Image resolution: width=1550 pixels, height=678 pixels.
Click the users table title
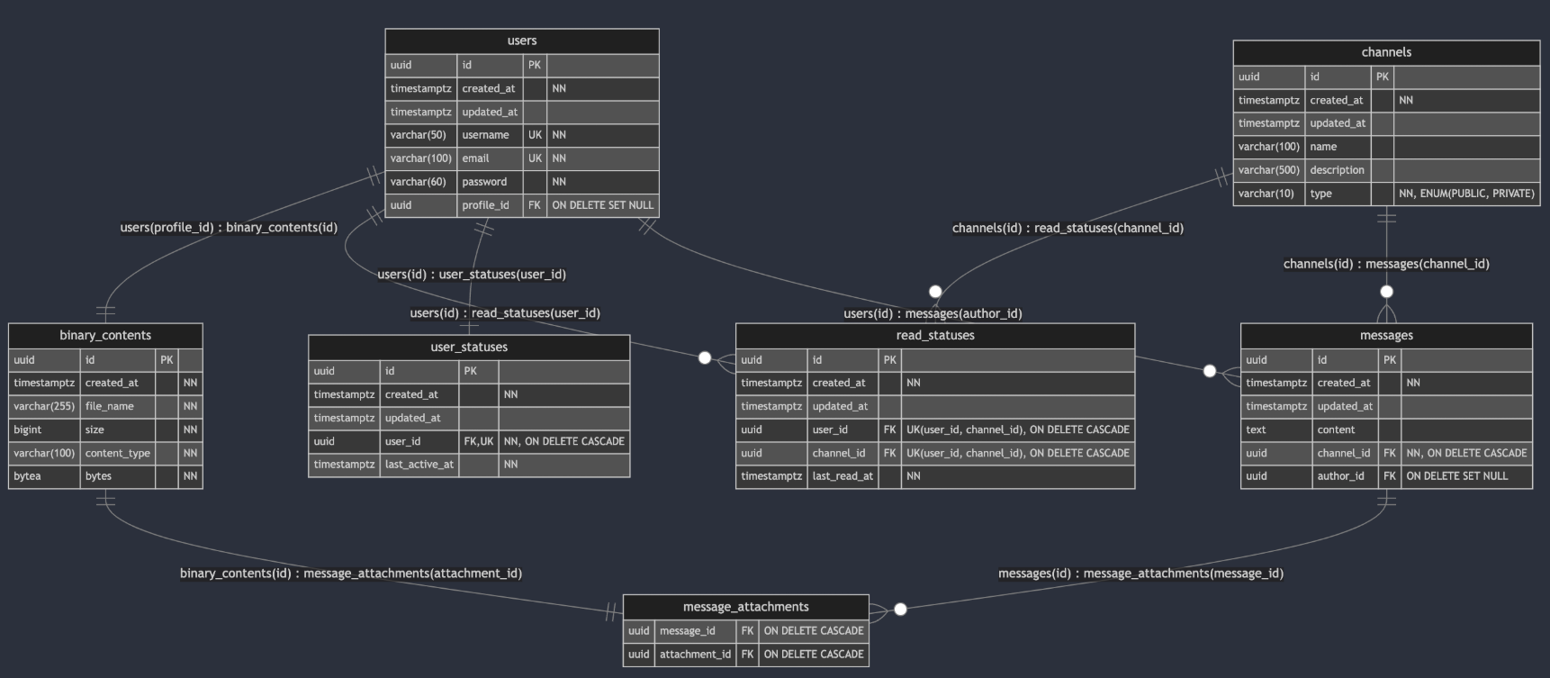pos(522,41)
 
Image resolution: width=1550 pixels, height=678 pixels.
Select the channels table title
pos(1386,52)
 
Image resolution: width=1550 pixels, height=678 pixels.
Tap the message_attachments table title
pos(745,607)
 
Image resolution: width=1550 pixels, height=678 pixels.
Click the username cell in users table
pos(485,135)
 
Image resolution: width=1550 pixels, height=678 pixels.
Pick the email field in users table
pos(475,158)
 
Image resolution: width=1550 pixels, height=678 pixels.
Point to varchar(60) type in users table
pos(418,182)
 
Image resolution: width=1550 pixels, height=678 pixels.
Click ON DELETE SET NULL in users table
pos(603,205)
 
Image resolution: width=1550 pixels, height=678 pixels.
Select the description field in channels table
pos(1337,170)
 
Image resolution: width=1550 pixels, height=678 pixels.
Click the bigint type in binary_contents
pos(28,430)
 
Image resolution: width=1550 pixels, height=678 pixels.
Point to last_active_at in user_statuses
pos(419,465)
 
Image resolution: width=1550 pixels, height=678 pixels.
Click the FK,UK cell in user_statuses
pos(479,441)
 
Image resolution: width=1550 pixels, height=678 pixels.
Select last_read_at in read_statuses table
pos(843,476)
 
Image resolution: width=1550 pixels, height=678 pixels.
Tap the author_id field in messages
pos(1340,476)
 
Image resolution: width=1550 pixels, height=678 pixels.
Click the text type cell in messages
pos(1256,430)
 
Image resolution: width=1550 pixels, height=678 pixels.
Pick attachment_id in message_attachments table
pos(695,655)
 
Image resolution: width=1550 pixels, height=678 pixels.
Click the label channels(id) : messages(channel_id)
pos(1386,264)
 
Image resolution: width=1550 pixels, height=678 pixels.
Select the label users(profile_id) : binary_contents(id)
pos(229,227)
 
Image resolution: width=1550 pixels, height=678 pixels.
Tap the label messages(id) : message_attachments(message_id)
pos(1140,574)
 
